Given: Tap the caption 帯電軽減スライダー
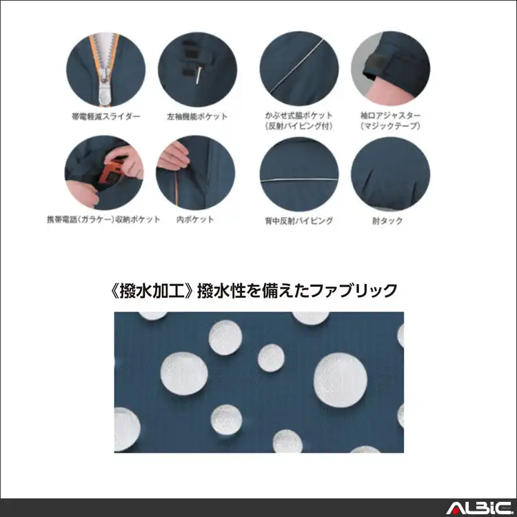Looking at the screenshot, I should coord(105,116).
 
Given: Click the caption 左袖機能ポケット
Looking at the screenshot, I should coord(197,116).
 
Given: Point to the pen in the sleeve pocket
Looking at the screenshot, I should coord(198,74).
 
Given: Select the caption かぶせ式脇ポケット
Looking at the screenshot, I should coord(298,115).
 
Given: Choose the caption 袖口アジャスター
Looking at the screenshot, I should coord(389,115).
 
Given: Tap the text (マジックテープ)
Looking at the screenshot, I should coord(389,125).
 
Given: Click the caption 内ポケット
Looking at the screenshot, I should coord(194,220).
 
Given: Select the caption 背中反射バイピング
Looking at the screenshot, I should coord(299,221).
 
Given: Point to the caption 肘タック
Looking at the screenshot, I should coord(390,221).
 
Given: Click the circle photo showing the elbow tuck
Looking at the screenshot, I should coord(390,175).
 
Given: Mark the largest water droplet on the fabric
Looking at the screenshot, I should coord(340,380).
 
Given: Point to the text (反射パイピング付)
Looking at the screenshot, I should coord(298,125).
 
